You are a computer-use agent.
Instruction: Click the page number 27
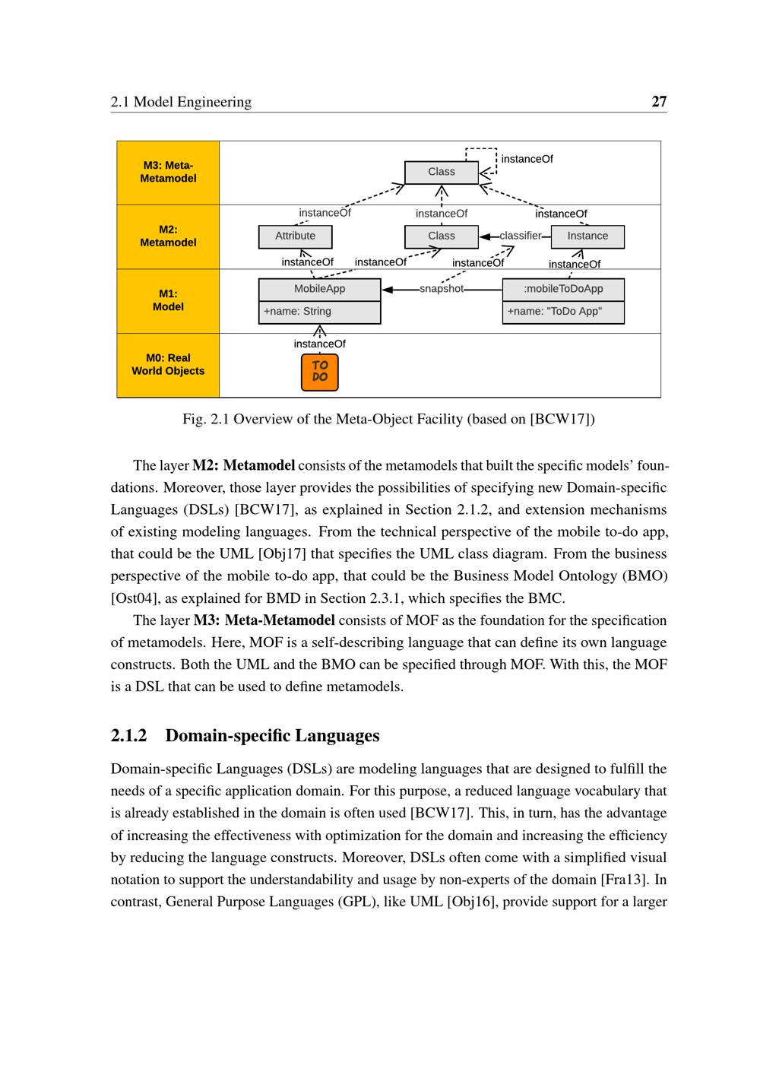[x=659, y=102]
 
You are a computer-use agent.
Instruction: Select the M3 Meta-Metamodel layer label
[x=168, y=172]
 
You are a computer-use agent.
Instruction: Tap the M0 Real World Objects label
[x=168, y=364]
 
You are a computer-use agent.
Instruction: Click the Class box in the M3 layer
[x=442, y=172]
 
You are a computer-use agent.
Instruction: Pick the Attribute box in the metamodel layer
[x=296, y=236]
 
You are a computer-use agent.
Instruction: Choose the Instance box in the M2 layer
[x=587, y=236]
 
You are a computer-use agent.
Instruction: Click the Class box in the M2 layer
[x=442, y=236]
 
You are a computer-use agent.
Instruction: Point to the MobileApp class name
[x=319, y=289]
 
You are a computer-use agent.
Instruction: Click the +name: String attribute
[x=297, y=311]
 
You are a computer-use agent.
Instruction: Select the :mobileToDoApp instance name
[x=563, y=289]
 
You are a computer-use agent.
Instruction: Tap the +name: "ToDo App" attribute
[x=555, y=311]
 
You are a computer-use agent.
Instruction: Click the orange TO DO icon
[x=320, y=372]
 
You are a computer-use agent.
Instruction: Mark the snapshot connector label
[x=442, y=289]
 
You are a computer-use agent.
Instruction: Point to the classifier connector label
[x=521, y=236]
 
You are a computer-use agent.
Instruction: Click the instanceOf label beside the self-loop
[x=527, y=159]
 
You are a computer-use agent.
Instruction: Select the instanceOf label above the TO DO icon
[x=320, y=344]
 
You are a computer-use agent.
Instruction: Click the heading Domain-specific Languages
[x=272, y=735]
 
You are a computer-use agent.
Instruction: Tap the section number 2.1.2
[x=128, y=735]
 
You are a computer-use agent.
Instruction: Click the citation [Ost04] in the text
[x=132, y=598]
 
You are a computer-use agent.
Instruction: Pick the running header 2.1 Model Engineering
[x=181, y=102]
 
